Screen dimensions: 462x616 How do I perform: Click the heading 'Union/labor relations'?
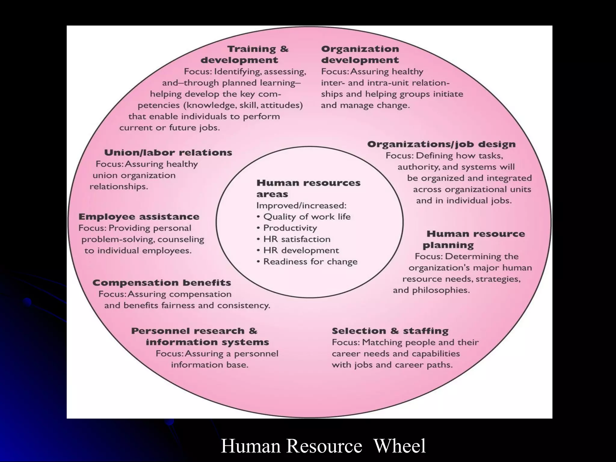[x=168, y=152]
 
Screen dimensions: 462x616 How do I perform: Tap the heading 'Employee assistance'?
[x=139, y=217]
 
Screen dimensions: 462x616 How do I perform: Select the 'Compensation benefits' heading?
[x=162, y=283]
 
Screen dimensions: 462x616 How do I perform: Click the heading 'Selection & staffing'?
[x=390, y=331]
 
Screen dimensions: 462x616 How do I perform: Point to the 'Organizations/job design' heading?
[x=441, y=144]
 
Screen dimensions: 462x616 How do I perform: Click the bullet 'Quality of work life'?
[x=307, y=217]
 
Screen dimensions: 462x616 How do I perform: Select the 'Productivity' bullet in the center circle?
[x=290, y=228]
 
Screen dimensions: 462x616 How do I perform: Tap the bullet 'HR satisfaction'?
[x=297, y=239]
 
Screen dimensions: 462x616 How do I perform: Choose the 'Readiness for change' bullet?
[x=310, y=262]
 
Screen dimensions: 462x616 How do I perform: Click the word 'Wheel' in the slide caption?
[x=399, y=446]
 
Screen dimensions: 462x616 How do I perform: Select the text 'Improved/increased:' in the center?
[x=301, y=205]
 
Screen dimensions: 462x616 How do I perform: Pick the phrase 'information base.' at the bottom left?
[x=210, y=365]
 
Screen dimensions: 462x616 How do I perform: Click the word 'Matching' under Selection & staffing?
[x=381, y=342]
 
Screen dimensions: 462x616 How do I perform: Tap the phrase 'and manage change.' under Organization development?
[x=365, y=105]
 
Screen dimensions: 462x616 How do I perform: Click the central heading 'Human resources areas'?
[x=308, y=188]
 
